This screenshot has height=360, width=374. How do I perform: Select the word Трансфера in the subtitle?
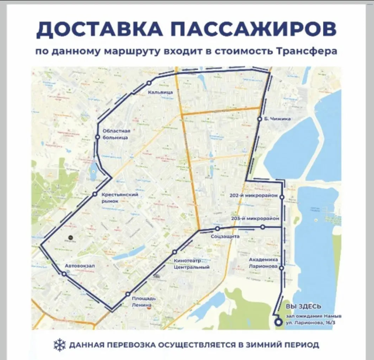pos(309,51)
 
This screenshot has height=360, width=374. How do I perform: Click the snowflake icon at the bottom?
pos(58,344)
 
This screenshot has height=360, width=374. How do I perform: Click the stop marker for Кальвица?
pos(149,82)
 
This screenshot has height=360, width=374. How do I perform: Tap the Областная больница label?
pos(115,134)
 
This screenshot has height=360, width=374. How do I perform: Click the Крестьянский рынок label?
pos(119,198)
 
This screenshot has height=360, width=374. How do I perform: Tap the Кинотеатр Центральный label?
pos(191,264)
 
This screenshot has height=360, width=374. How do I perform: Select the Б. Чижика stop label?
pos(277,119)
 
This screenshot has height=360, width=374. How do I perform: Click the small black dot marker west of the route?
pos(70,238)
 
